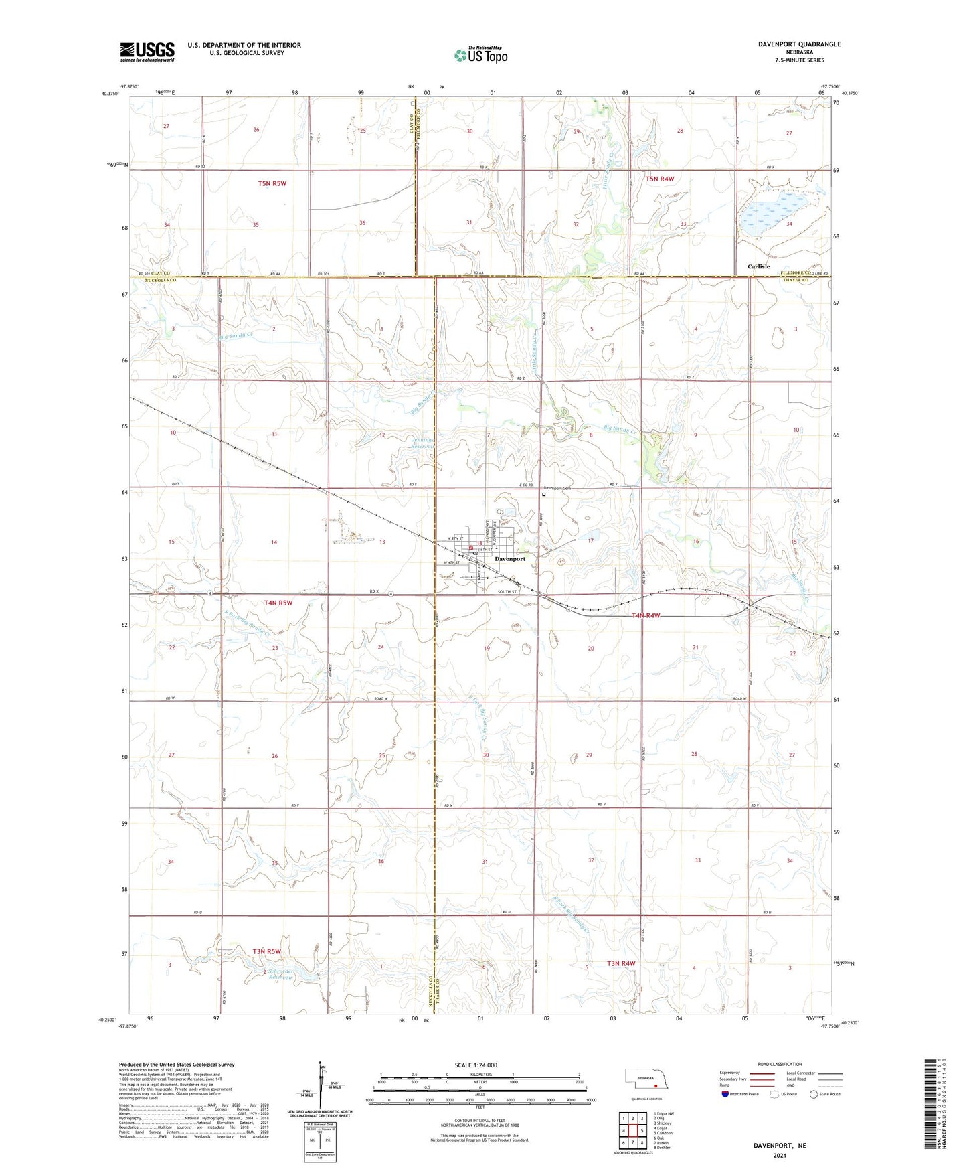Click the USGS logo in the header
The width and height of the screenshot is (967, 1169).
point(147,52)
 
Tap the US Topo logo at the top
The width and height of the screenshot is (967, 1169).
point(480,55)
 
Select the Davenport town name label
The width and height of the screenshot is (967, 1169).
point(509,558)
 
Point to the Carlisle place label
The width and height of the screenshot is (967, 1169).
point(758,266)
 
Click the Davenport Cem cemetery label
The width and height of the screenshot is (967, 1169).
point(559,488)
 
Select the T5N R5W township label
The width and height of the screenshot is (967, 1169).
point(272,183)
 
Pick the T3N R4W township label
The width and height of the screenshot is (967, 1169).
point(620,963)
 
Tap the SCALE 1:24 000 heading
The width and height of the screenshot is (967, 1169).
point(476,1065)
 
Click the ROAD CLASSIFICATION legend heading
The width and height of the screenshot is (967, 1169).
point(780,1064)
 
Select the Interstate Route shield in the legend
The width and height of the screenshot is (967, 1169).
point(725,1093)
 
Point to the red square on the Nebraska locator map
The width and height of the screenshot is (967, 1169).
point(656,1087)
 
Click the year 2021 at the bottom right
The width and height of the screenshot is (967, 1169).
point(779,1156)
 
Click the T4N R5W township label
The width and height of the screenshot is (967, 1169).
point(278,603)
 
